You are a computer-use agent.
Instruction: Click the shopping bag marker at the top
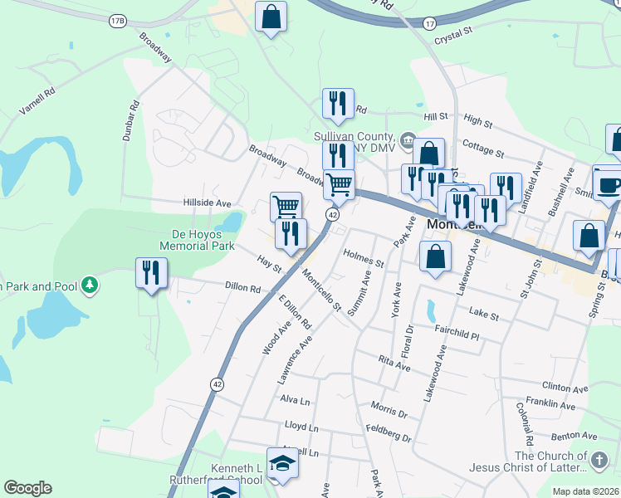pyautogui.click(x=271, y=17)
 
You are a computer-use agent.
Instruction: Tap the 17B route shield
pyautogui.click(x=116, y=19)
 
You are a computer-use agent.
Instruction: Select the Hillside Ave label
pyautogui.click(x=207, y=203)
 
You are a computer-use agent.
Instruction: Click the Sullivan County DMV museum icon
pyautogui.click(x=408, y=139)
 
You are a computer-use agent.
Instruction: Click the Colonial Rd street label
pyautogui.click(x=526, y=422)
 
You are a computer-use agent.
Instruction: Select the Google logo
pyautogui.click(x=28, y=488)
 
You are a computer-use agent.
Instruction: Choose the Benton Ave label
pyautogui.click(x=578, y=436)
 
